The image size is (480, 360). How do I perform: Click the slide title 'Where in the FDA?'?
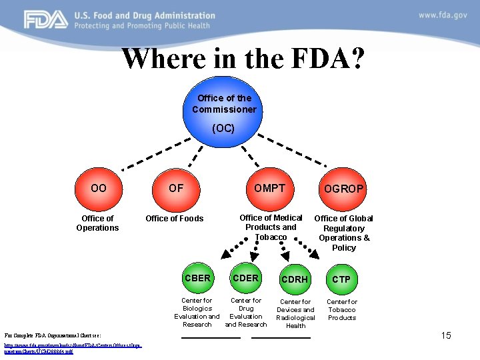click(x=243, y=59)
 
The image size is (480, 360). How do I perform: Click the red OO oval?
click(x=99, y=189)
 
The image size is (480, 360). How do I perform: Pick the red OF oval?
click(x=175, y=189)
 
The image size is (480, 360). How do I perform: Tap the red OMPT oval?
click(x=269, y=189)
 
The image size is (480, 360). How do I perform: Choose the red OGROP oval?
click(x=343, y=189)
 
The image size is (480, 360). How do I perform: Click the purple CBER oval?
click(x=197, y=278)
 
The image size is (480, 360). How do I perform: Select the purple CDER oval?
click(x=245, y=278)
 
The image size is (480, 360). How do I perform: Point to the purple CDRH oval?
click(x=295, y=279)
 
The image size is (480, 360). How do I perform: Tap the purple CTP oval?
click(x=341, y=279)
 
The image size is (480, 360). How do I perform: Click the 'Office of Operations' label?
click(x=97, y=223)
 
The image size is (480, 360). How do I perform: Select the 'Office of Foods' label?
click(x=175, y=219)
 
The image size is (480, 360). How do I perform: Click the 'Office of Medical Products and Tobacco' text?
click(x=271, y=227)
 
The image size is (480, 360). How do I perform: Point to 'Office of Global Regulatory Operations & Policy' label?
click(x=343, y=233)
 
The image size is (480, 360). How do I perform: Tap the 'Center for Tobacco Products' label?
click(x=341, y=309)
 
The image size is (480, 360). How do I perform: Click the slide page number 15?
click(x=446, y=335)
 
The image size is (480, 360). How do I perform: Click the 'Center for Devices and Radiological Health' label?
click(x=295, y=313)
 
